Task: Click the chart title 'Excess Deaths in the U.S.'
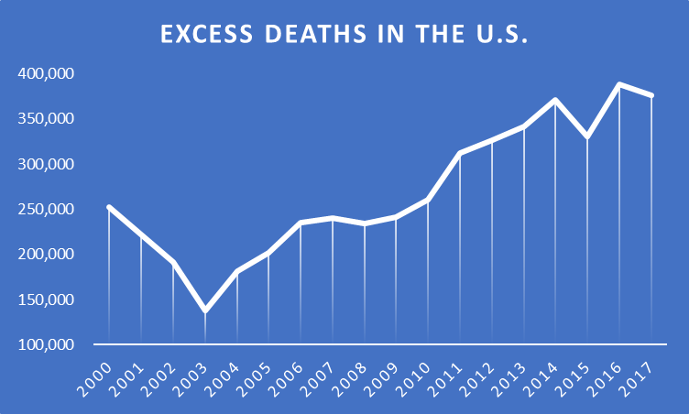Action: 345,35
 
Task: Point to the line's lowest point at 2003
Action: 204,311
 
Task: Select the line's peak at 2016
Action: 619,85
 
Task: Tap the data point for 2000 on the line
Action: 109,207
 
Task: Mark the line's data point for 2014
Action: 555,100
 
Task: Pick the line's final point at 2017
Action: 651,95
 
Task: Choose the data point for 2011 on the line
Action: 460,153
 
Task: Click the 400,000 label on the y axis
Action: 47,73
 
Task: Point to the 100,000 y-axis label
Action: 47,345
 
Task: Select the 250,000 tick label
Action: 47,210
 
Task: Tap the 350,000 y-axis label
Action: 47,119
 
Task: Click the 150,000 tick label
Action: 47,300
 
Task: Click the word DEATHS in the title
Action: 283,35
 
